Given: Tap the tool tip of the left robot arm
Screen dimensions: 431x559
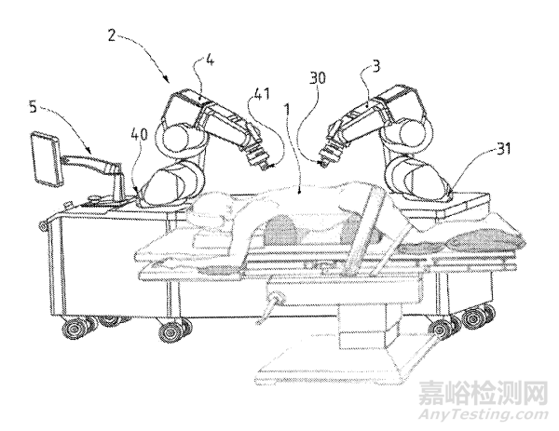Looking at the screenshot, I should point(266,166).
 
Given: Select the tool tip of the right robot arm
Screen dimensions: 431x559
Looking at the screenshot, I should point(320,162).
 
